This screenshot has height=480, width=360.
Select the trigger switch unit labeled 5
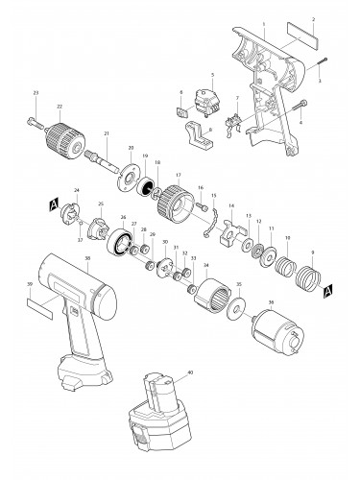pyautogui.click(x=204, y=97)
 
